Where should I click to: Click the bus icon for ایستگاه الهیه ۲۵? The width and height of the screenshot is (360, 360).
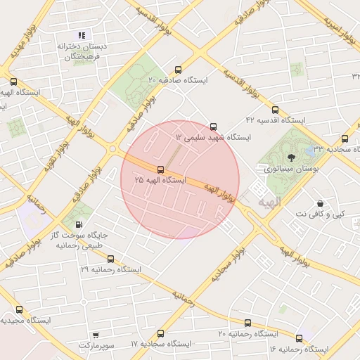(x=161, y=169)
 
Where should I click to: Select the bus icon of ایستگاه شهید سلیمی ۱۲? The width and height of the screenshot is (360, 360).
(x=214, y=127)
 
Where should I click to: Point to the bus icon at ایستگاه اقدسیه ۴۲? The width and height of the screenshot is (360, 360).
(x=274, y=110)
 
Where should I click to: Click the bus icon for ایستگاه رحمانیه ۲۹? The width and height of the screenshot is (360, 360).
(x=110, y=259)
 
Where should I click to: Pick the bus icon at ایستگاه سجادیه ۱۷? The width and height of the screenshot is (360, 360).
(x=161, y=333)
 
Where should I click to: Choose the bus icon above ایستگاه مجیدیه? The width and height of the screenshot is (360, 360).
(x=18, y=309)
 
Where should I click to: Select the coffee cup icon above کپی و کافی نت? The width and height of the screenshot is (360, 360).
(x=320, y=202)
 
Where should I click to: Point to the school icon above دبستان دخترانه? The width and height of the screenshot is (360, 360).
(x=82, y=35)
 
